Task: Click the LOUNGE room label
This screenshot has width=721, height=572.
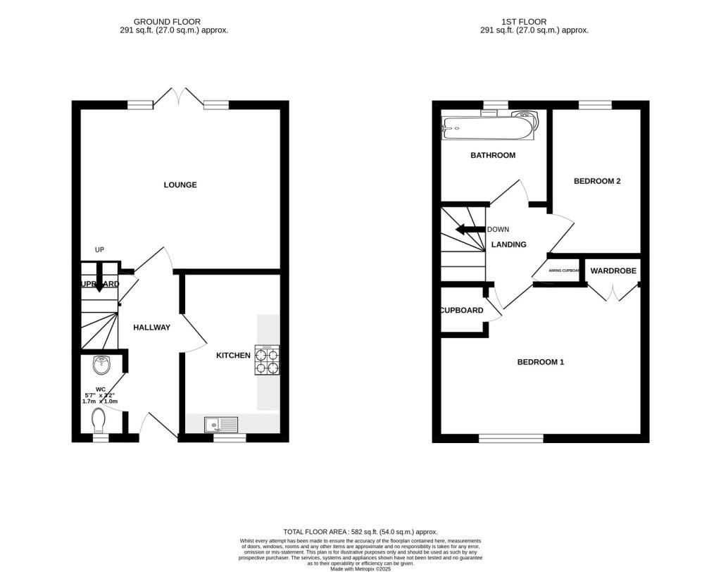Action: (x=180, y=185)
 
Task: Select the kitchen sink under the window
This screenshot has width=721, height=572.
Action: (x=221, y=424)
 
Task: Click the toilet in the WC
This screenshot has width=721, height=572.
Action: (x=100, y=420)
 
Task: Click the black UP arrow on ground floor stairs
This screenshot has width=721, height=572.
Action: (x=99, y=277)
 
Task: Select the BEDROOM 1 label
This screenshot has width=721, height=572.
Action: (x=541, y=362)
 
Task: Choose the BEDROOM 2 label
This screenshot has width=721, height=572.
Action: (x=597, y=181)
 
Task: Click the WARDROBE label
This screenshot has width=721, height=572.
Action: (x=613, y=271)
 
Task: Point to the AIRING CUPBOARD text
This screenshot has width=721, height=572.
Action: (x=564, y=271)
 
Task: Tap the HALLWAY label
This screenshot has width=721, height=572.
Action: (x=151, y=327)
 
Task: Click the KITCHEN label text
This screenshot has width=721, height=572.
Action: (x=233, y=356)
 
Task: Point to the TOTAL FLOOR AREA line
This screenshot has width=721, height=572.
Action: (x=360, y=532)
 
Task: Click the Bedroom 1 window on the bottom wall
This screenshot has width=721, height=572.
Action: (x=511, y=438)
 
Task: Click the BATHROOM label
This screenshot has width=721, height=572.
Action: (x=493, y=156)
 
